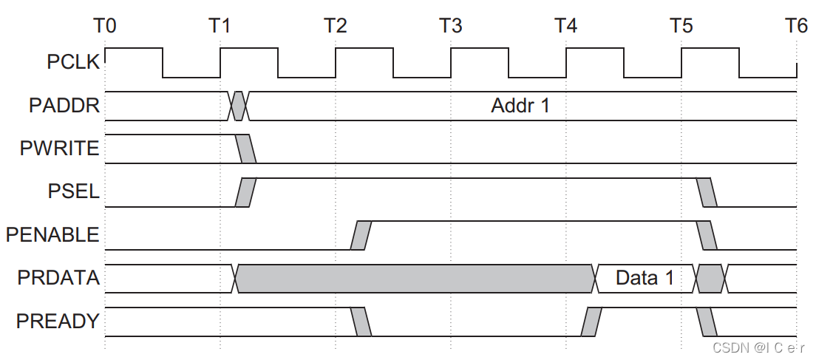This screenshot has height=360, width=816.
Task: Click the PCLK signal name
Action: tap(72, 62)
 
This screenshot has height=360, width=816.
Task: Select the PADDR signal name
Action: tap(64, 106)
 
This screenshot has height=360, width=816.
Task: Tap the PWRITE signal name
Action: tap(59, 149)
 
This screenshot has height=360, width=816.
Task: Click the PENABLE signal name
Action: tap(52, 235)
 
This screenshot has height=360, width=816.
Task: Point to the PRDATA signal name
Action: tap(59, 279)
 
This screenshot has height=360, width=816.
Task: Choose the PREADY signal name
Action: tap(58, 322)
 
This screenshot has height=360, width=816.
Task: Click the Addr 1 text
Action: tap(520, 106)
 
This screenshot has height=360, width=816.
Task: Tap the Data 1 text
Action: tap(645, 279)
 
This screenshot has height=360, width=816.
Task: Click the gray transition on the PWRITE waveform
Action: tap(246, 149)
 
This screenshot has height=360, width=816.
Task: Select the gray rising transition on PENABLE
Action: tap(361, 235)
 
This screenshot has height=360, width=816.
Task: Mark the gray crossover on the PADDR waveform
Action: tap(239, 106)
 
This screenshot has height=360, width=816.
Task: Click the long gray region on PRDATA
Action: tap(414, 279)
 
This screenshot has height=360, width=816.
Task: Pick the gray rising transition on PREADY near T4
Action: tap(592, 322)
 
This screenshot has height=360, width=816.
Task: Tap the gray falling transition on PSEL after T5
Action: tap(707, 192)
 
